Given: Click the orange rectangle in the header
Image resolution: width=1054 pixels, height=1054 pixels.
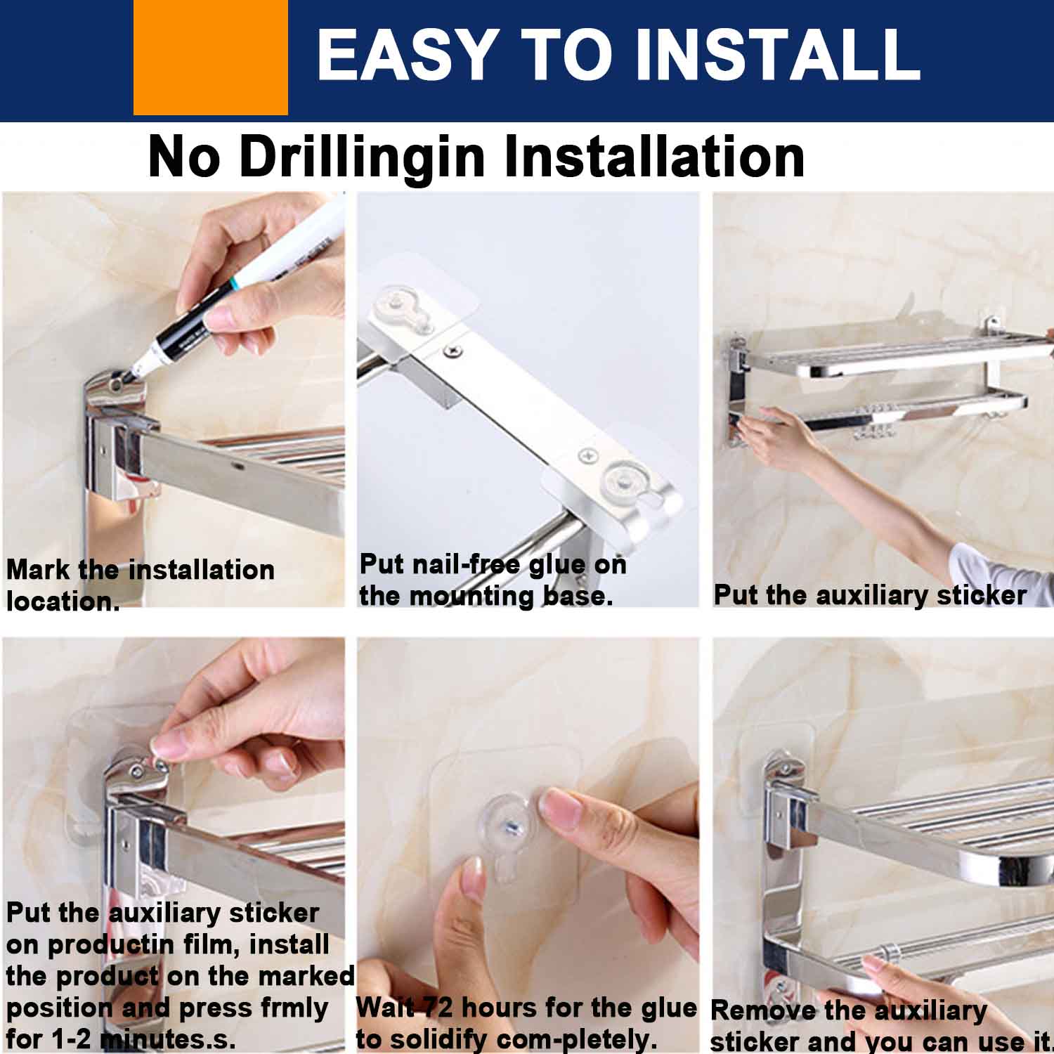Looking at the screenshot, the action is [211, 57].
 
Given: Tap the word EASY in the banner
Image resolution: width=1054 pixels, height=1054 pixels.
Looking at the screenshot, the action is [406, 54].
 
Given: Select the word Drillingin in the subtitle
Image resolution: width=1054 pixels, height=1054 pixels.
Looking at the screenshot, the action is [363, 157].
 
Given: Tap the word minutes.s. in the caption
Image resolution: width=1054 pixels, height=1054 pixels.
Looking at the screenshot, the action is [167, 1039].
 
